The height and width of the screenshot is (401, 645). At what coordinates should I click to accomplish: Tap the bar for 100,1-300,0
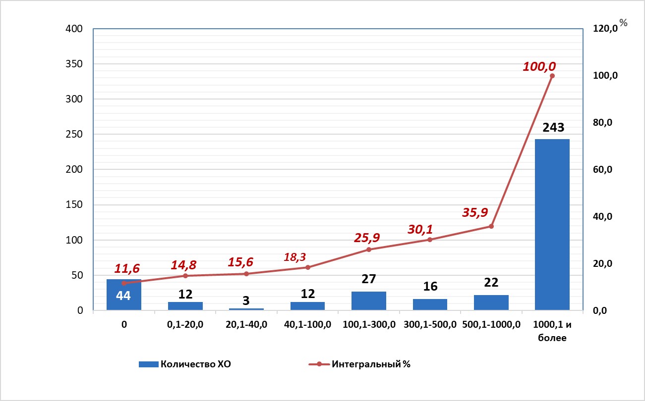pyautogui.click(x=369, y=301)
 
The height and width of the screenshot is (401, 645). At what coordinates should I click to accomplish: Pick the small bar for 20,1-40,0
pyautogui.click(x=246, y=309)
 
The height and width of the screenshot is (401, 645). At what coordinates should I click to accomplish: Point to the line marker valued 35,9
pyautogui.click(x=491, y=226)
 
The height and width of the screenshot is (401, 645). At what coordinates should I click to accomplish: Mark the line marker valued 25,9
pyautogui.click(x=369, y=250)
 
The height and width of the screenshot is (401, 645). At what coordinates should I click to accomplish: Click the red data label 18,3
pyautogui.click(x=295, y=257)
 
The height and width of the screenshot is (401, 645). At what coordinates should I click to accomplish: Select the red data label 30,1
pyautogui.click(x=420, y=229)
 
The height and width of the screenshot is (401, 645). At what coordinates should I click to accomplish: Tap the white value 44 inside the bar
pyautogui.click(x=123, y=296)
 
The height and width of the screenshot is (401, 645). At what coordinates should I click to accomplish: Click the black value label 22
pyautogui.click(x=491, y=283)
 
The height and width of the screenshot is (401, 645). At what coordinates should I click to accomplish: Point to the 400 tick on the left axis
pyautogui.click(x=74, y=29)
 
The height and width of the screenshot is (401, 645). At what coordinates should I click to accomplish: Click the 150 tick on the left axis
pyautogui.click(x=74, y=205)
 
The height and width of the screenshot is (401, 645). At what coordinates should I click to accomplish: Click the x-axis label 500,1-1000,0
pyautogui.click(x=491, y=325)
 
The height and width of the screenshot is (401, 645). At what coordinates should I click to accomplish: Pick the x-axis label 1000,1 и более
pyautogui.click(x=552, y=331)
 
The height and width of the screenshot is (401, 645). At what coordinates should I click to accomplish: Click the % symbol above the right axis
pyautogui.click(x=623, y=22)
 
